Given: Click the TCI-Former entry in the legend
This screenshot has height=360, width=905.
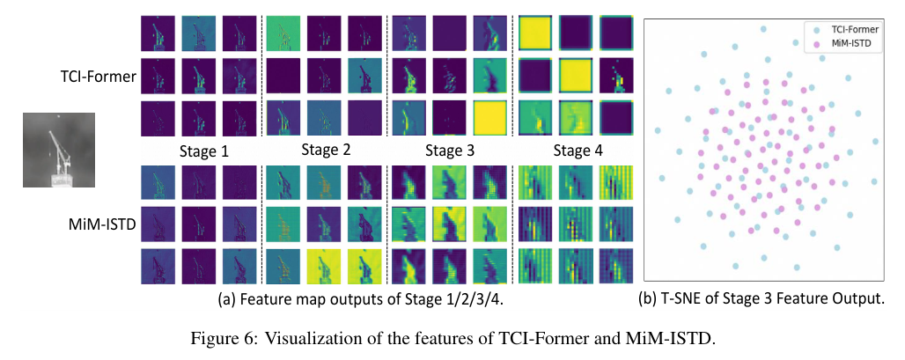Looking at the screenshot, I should point(851,28).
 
